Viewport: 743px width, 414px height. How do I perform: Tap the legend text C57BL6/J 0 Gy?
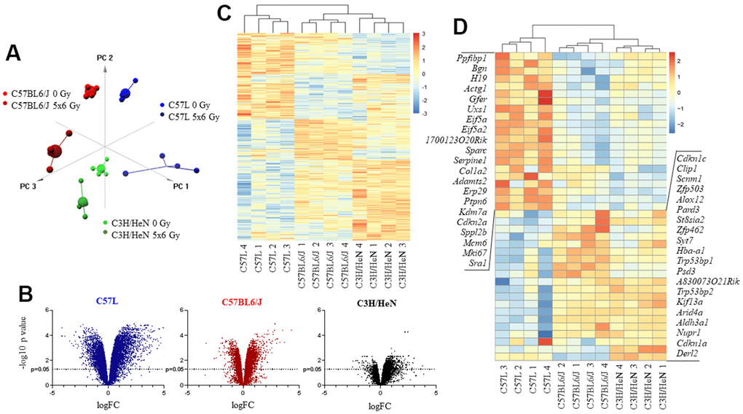point(44,93)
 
